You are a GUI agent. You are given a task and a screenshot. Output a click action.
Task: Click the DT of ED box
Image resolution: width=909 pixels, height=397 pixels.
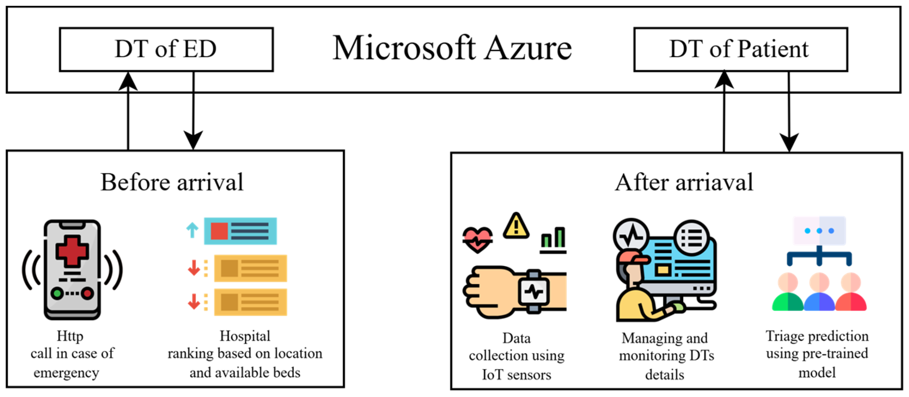pyautogui.click(x=166, y=49)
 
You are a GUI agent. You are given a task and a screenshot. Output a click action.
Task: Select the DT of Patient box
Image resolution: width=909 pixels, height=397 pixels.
pyautogui.click(x=740, y=49)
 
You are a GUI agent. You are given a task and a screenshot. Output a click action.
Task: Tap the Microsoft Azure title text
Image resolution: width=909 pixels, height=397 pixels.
pyautogui.click(x=452, y=48)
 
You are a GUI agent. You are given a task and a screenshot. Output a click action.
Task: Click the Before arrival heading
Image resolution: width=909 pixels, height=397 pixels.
pyautogui.click(x=172, y=182)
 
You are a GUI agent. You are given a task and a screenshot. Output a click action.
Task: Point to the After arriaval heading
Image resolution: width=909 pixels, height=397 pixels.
pyautogui.click(x=684, y=182)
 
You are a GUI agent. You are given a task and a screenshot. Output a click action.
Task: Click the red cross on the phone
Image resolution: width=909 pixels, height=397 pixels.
pyautogui.click(x=72, y=251)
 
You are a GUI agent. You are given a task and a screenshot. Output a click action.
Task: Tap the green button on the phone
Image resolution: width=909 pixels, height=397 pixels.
pyautogui.click(x=57, y=294)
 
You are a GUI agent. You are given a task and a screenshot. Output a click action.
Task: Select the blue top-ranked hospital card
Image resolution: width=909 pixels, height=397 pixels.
pyautogui.click(x=240, y=231)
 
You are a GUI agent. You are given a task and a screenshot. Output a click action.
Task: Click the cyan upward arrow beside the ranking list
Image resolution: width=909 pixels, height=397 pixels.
pyautogui.click(x=192, y=230)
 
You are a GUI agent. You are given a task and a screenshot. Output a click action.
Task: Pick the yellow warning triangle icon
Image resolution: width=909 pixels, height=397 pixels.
pyautogui.click(x=516, y=226)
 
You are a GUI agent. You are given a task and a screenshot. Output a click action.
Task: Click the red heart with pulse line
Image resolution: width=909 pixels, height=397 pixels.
pyautogui.click(x=477, y=240)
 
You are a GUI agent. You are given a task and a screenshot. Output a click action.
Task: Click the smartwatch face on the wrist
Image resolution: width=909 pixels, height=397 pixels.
pyautogui.click(x=534, y=292)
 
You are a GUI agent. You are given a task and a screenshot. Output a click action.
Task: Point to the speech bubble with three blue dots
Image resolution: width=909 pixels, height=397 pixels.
pyautogui.click(x=819, y=231)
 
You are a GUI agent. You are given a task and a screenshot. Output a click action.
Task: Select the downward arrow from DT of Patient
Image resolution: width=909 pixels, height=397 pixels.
pyautogui.click(x=789, y=111)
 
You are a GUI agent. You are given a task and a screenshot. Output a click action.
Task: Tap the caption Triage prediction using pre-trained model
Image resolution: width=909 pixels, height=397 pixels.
pyautogui.click(x=817, y=354)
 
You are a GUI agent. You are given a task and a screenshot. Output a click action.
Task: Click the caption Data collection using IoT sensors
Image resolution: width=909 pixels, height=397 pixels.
pyautogui.click(x=516, y=356)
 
